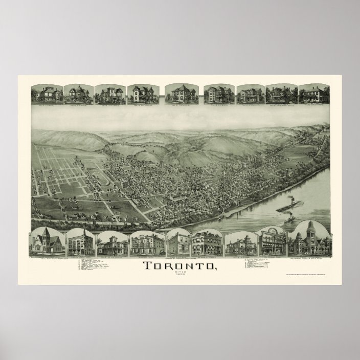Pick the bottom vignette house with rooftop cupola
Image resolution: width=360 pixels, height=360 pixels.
[x=112, y=241]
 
